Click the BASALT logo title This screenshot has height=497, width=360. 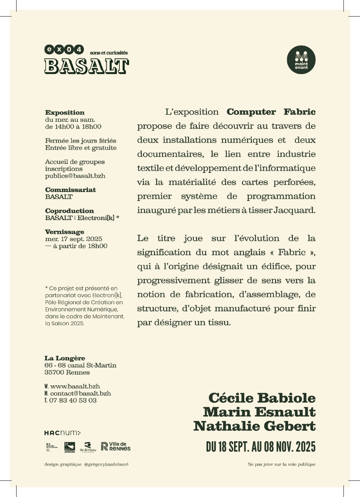[x=86, y=66]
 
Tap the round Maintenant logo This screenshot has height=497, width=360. [x=301, y=60]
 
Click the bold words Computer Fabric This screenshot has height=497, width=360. [x=271, y=112]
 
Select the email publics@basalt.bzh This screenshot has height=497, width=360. [x=75, y=176]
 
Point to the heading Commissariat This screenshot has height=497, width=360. [x=70, y=190]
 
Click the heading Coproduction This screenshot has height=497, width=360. [x=70, y=211]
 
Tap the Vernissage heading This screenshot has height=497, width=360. [x=65, y=232]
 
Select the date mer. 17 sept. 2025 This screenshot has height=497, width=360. [x=74, y=239]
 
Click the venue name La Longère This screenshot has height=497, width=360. [x=65, y=358]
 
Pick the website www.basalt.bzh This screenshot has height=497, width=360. [x=75, y=386]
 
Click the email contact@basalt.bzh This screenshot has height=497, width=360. [x=80, y=393]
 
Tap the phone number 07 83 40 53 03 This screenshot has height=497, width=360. [x=73, y=400]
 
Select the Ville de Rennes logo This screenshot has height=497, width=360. [x=116, y=446]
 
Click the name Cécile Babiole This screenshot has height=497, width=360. [x=262, y=398]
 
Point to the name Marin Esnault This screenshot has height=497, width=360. [x=259, y=412]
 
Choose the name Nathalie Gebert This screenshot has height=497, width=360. [x=254, y=426]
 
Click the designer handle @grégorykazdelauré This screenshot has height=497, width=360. [x=106, y=464]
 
